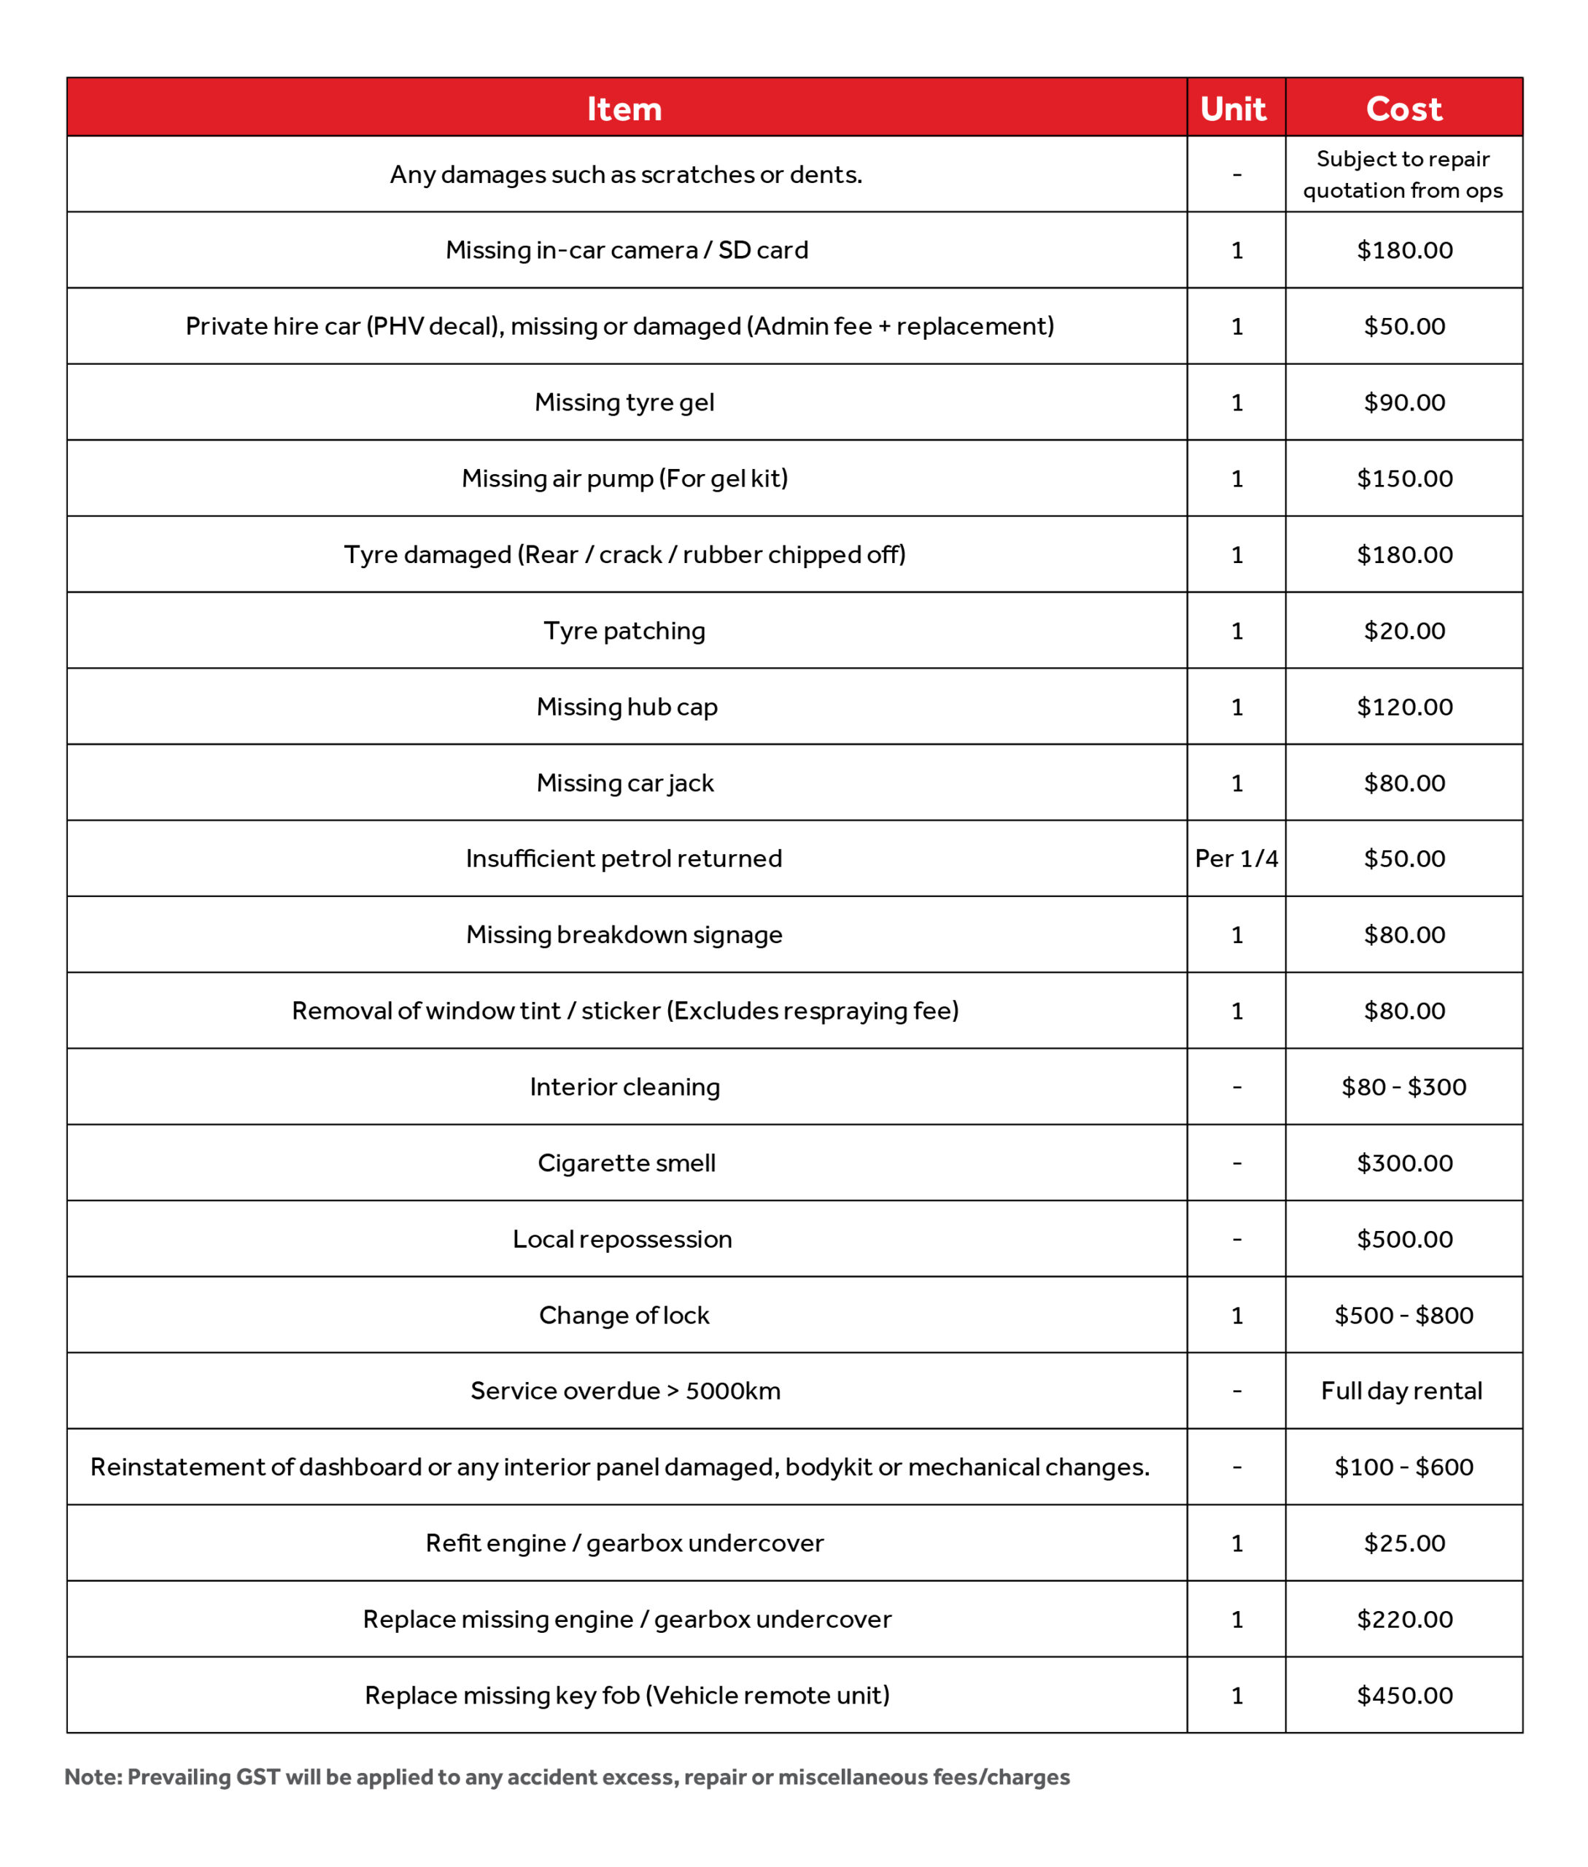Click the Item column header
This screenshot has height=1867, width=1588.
tap(624, 109)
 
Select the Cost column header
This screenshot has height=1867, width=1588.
tap(1403, 109)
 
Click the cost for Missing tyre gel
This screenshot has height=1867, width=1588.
tap(1403, 403)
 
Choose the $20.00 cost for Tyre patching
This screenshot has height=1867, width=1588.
tap(1403, 631)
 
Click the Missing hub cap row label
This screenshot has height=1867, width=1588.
tap(627, 707)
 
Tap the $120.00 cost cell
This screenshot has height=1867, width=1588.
tap(1403, 707)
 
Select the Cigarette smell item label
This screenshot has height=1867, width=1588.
tap(627, 1163)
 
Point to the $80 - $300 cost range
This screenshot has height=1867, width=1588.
tap(1403, 1087)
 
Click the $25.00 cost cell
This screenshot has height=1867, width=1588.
tap(1403, 1543)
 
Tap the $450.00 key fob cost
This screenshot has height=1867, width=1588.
tap(1403, 1695)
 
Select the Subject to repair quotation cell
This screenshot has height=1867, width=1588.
tap(1403, 174)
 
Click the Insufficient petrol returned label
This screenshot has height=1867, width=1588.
tap(624, 859)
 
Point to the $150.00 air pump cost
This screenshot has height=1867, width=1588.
tap(1403, 479)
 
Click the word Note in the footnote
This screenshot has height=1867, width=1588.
tap(92, 1777)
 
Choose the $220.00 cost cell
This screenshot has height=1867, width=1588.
tap(1403, 1620)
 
